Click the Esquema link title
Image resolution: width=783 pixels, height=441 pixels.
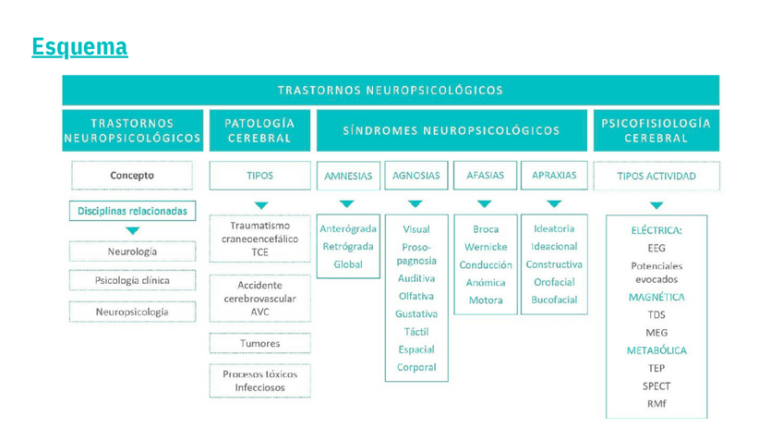(79, 46)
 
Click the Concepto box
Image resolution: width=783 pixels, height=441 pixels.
(132, 175)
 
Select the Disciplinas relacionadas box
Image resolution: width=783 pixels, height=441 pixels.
(132, 211)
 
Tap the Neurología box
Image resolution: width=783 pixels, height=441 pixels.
(132, 251)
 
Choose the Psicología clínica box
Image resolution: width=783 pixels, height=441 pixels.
(132, 280)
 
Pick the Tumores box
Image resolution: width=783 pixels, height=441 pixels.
(259, 343)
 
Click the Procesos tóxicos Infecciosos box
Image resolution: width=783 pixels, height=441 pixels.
(259, 381)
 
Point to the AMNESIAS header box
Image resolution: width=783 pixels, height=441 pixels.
(348, 176)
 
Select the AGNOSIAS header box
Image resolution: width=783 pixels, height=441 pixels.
(416, 175)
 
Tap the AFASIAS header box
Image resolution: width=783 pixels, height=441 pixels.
(485, 175)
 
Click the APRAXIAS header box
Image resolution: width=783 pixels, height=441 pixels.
(554, 175)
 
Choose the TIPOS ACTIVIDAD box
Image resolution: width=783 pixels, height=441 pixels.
(656, 176)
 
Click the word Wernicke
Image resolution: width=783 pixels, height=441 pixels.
(485, 247)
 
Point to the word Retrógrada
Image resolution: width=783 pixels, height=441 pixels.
(348, 246)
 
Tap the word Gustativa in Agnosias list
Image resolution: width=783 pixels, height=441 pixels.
(416, 314)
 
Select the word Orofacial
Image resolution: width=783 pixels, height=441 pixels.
(554, 282)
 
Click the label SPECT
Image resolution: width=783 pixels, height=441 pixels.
(657, 386)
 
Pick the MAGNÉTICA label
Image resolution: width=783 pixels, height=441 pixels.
(657, 298)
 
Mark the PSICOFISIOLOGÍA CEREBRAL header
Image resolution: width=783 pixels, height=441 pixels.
(656, 130)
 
